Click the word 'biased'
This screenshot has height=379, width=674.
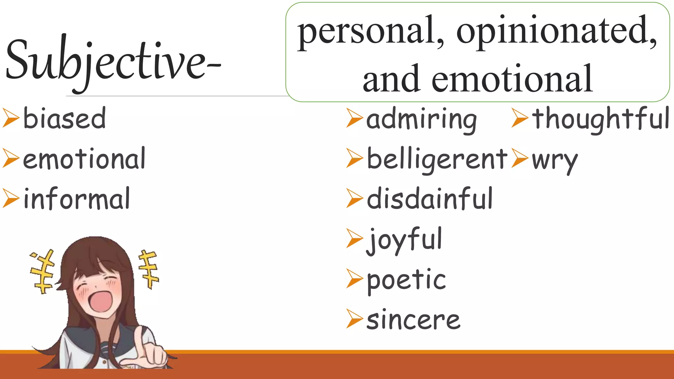click(65, 118)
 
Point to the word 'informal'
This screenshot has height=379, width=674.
click(77, 199)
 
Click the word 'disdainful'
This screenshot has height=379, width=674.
click(429, 199)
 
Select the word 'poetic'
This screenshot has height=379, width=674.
click(406, 280)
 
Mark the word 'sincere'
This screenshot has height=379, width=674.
click(413, 320)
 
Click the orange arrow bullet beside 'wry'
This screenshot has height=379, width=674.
click(520, 159)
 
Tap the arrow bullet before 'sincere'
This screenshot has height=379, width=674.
click(354, 319)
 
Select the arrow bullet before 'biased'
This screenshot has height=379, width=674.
click(11, 118)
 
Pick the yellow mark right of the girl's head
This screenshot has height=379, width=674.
click(149, 268)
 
